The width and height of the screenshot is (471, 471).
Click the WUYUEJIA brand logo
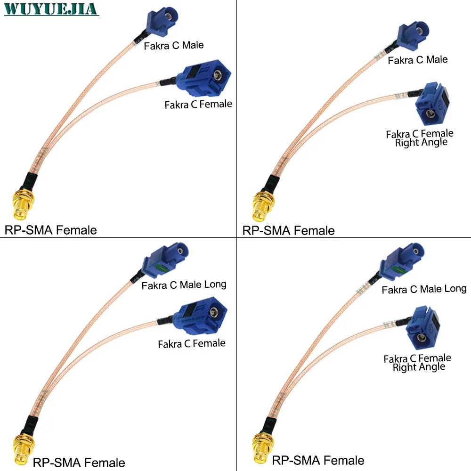pos(51,9)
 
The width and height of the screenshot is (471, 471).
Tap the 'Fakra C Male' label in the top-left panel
pos(174,46)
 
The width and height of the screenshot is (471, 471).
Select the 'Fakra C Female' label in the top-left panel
pos(198,104)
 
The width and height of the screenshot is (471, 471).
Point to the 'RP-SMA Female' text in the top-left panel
pos(50,230)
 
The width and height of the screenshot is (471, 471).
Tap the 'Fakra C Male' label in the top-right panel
pos(417,60)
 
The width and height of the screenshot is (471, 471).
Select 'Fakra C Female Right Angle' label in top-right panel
pos(420,138)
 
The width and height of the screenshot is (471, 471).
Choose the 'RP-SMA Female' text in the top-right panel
pos(288,230)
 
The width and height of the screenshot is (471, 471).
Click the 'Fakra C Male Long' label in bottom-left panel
pos(184,285)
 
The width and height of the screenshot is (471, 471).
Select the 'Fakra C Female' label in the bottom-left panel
pos(192,344)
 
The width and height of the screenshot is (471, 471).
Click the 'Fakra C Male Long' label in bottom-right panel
pos(424,289)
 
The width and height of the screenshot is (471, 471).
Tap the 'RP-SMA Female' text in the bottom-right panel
pos(318,460)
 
